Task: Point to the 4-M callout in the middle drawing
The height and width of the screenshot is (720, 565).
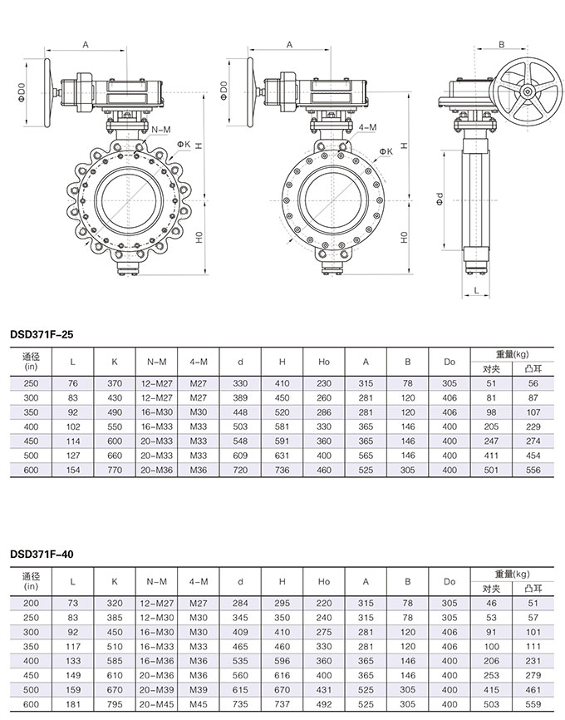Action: [x=367, y=127]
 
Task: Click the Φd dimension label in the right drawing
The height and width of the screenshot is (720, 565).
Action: [x=440, y=199]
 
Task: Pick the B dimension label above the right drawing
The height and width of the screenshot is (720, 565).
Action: [x=501, y=44]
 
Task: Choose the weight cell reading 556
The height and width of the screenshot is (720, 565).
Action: [x=533, y=471]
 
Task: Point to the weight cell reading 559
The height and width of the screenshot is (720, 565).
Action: [x=533, y=703]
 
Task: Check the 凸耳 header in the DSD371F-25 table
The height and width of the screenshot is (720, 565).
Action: [x=533, y=368]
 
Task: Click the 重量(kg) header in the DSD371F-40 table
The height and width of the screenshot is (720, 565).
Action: [x=512, y=575]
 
